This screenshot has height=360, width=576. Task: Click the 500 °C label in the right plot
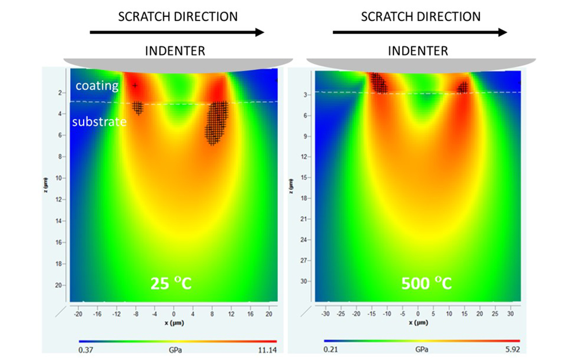pyautogui.click(x=427, y=283)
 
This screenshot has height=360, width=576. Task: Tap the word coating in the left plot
pyautogui.click(x=97, y=85)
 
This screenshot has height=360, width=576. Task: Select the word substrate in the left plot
pyautogui.click(x=100, y=121)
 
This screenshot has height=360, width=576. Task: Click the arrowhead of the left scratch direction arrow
pyautogui.click(x=259, y=32)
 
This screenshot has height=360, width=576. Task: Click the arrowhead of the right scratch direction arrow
pyautogui.click(x=502, y=32)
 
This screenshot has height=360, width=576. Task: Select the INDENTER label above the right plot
pyautogui.click(x=418, y=51)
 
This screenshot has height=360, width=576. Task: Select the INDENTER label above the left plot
pyautogui.click(x=175, y=51)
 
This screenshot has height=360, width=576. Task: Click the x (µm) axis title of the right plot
pyautogui.click(x=418, y=323)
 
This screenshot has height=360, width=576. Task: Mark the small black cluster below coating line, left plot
pyautogui.click(x=138, y=108)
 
